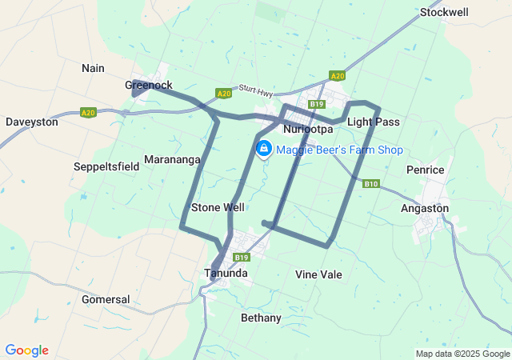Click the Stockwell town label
[444, 12]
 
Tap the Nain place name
[93, 68]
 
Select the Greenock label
[149, 85]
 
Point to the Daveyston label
[31, 122]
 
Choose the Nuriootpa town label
[308, 128]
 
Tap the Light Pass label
[373, 122]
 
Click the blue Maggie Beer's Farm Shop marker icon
[263, 148]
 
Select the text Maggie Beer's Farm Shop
[339, 150]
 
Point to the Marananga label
[172, 159]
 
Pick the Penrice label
[425, 170]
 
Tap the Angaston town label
[424, 208]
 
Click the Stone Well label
[218, 207]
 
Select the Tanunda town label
[225, 273]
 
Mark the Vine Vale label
[318, 274]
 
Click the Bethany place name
[261, 318]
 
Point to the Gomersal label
[106, 299]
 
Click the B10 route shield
[370, 184]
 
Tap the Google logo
[26, 350]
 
